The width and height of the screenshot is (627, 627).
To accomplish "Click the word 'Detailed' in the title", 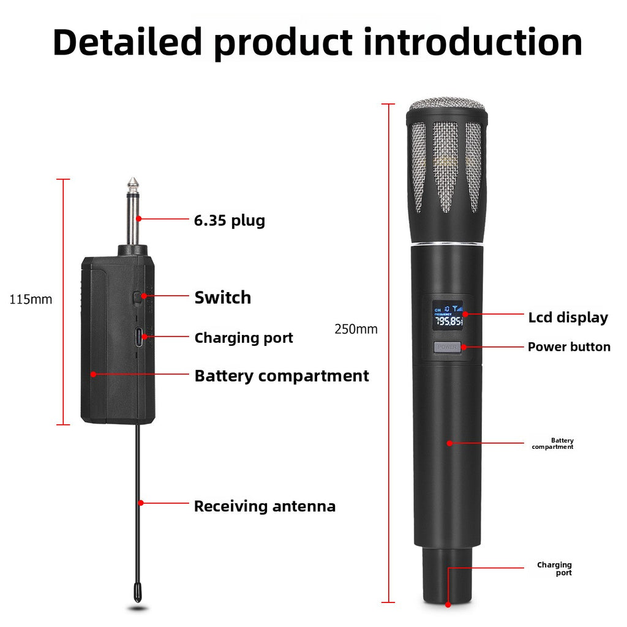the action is (x=127, y=42).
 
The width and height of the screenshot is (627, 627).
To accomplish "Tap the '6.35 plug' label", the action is (x=230, y=220).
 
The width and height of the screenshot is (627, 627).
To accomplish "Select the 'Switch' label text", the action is (x=223, y=298).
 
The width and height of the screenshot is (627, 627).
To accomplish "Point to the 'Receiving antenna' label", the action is (x=265, y=506).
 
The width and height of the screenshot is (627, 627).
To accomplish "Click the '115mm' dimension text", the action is (x=31, y=299).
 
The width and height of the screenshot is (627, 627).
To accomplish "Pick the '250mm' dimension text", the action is (x=356, y=329).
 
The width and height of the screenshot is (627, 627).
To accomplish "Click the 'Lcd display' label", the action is (x=568, y=318).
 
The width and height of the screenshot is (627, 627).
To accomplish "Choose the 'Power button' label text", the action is (x=569, y=347).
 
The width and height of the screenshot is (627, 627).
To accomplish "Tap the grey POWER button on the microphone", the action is (x=448, y=347).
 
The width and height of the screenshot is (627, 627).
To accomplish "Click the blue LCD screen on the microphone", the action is (x=448, y=315).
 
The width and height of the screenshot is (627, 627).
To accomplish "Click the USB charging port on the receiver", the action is (x=139, y=337).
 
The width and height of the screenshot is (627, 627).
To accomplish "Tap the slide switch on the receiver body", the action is (x=137, y=298).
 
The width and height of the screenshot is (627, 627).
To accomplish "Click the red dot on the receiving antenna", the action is (x=141, y=503).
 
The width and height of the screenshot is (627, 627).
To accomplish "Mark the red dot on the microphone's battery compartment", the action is (x=449, y=443).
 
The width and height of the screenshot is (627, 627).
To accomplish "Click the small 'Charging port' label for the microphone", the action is (x=554, y=569).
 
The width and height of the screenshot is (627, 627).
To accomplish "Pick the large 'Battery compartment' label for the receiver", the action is (x=282, y=376).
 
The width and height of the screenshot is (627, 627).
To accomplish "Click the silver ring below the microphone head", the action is (x=448, y=244).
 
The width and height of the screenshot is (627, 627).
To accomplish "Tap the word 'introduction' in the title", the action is (x=473, y=42).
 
